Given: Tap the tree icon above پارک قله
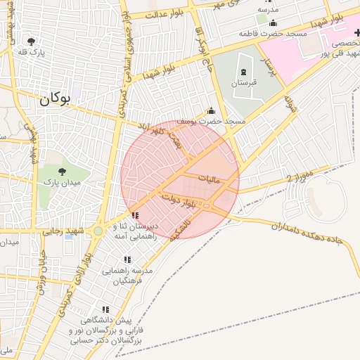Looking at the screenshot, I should [30, 42].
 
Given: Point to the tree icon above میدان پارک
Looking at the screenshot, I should [62, 171].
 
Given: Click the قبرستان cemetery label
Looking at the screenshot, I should [244, 83].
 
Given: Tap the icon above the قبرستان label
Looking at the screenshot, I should [243, 72].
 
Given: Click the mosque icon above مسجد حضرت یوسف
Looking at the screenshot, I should [211, 110].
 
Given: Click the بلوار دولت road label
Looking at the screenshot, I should [177, 200].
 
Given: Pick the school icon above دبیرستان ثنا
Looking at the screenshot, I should [134, 214].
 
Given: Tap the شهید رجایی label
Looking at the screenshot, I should [64, 231].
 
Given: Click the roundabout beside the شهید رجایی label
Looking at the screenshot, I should [98, 230].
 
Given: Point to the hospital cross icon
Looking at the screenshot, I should [357, 32].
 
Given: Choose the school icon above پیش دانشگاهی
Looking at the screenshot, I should [105, 309].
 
